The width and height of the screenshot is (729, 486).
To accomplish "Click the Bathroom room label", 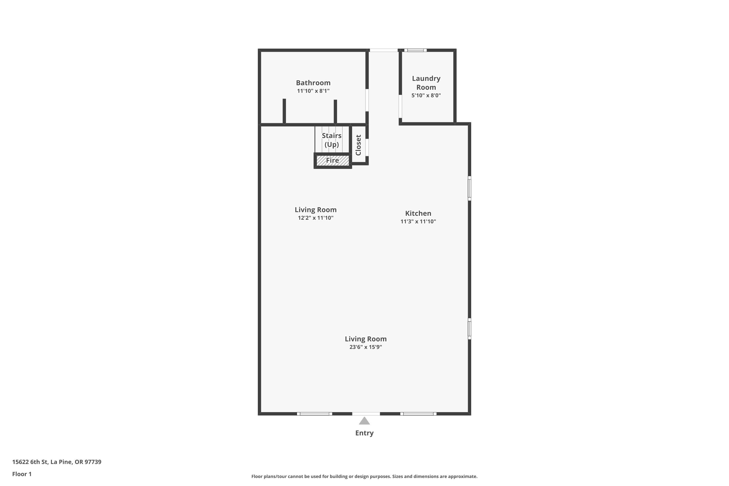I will pos(313,83).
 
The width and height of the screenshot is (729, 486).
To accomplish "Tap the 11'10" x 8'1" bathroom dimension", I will pos(313,91).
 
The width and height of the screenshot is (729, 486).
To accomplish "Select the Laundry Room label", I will pos(426,83).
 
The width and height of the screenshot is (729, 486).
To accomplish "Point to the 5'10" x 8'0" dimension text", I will pos(426,95).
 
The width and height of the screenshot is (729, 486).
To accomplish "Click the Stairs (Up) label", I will pos(332,140).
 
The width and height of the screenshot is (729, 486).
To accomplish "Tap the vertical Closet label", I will pos(358,145).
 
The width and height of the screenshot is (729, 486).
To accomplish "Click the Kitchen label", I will pos(418,213).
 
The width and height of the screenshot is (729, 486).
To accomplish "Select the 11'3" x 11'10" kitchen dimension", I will pos(418,221).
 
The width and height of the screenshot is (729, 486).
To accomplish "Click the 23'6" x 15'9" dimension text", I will pos(365,347).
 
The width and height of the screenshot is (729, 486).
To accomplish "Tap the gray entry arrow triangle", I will pos(364,421).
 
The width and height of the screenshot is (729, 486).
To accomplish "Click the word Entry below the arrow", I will pos(364,433).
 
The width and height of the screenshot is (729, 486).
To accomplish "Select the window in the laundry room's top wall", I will pos(415,50).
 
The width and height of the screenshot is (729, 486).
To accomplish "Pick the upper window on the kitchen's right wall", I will pos(469,188).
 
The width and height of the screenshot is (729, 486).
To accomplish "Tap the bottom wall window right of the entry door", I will pos(418,414).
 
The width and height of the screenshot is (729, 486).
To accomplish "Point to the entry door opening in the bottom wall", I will pos(366,414).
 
